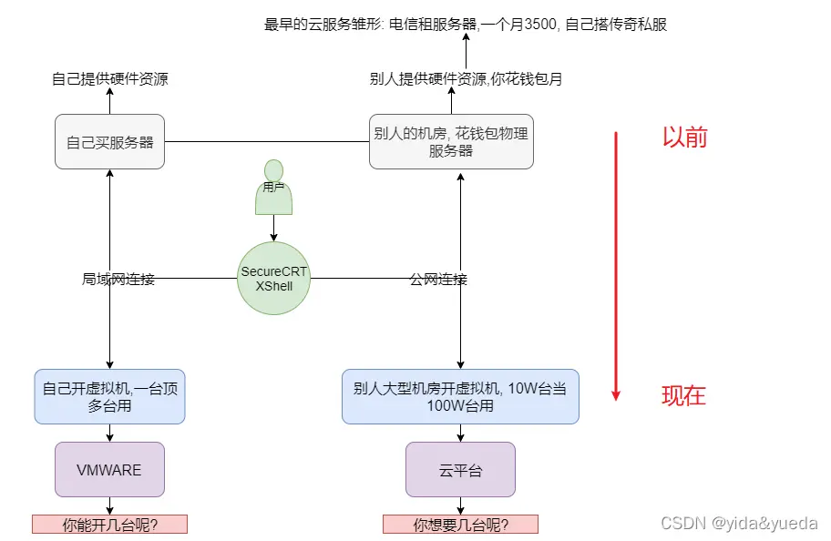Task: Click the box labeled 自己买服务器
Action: click(109, 142)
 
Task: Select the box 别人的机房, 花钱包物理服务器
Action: click(451, 142)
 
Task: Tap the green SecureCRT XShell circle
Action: click(273, 279)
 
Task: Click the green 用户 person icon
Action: click(273, 188)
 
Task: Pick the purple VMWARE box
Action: click(109, 470)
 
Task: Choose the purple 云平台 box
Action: click(460, 470)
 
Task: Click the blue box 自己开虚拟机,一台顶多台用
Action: click(109, 397)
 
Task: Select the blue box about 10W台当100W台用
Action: click(460, 397)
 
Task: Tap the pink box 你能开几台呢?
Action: click(109, 525)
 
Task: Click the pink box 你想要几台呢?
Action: click(460, 525)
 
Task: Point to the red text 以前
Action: click(684, 138)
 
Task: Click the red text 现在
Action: click(683, 395)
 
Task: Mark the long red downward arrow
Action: click(616, 264)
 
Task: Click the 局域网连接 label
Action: click(118, 280)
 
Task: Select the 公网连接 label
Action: click(438, 280)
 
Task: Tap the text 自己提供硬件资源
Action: click(109, 79)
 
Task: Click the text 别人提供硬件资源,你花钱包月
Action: click(466, 79)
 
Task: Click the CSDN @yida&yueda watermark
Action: click(739, 524)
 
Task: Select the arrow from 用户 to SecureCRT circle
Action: click(273, 228)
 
